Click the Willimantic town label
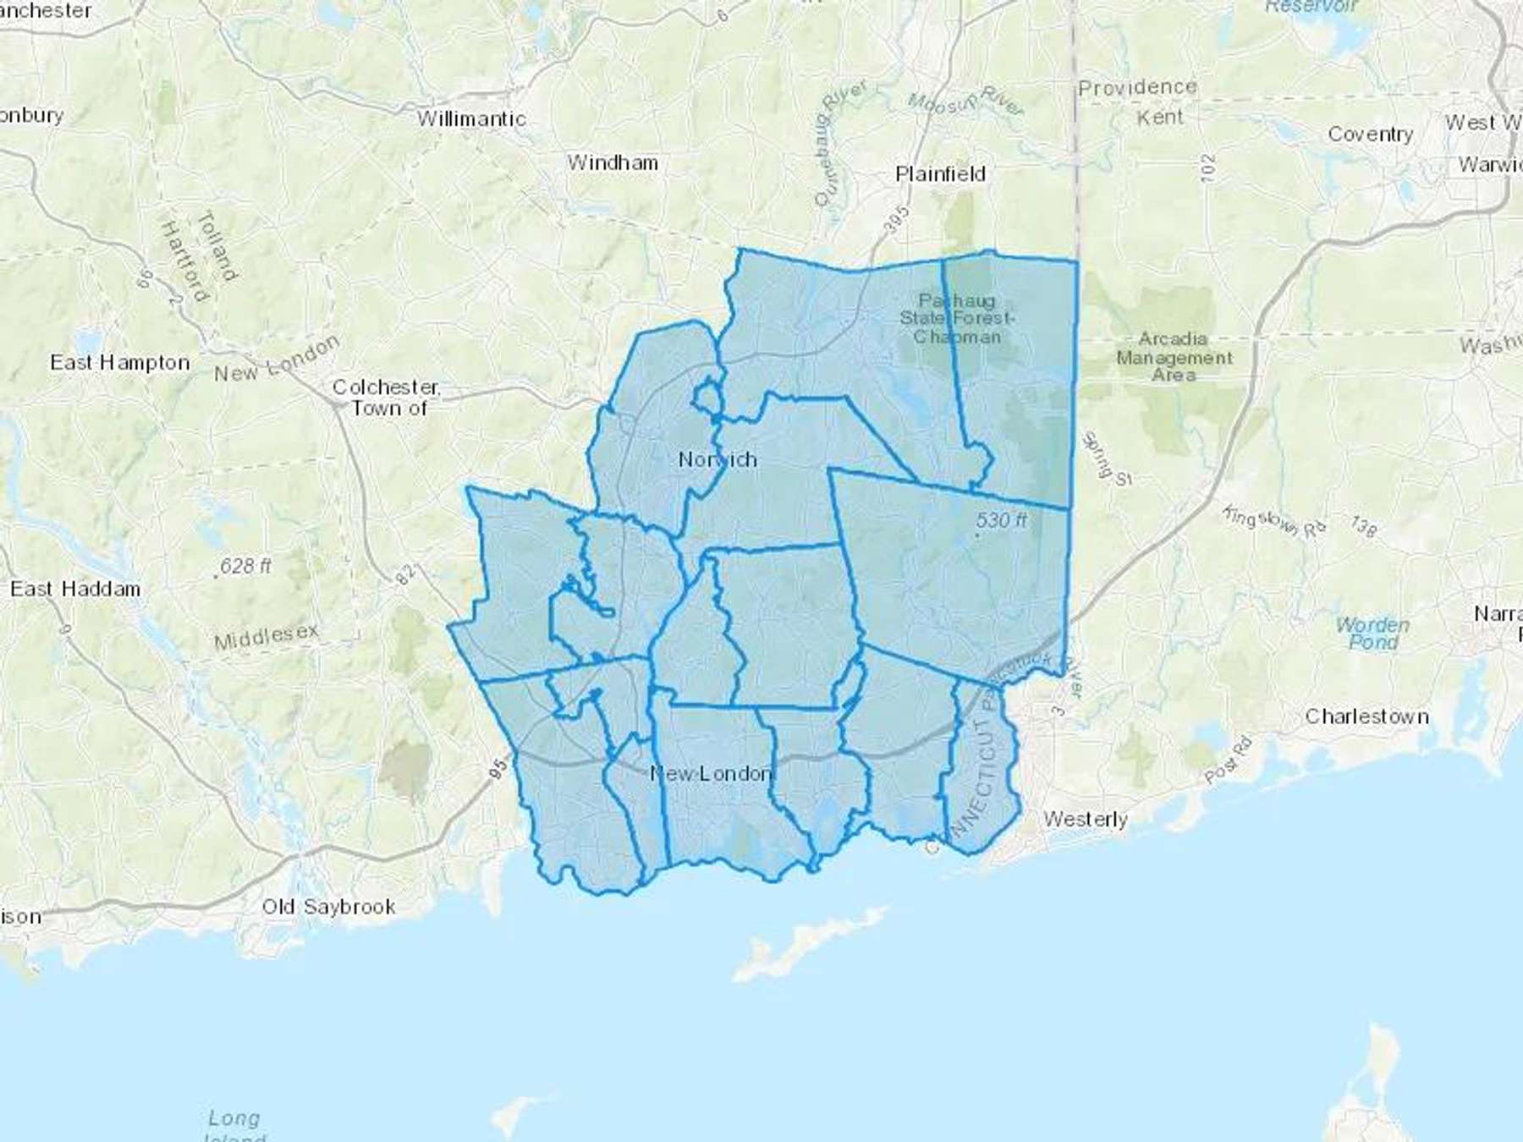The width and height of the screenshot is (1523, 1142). click(x=471, y=119)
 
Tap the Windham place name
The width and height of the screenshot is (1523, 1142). click(x=613, y=162)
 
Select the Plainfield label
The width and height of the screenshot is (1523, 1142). click(x=940, y=174)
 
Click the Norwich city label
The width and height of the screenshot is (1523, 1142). click(x=718, y=459)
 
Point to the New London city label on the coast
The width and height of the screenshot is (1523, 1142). click(x=711, y=773)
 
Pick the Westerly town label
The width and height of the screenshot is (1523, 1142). click(x=1085, y=819)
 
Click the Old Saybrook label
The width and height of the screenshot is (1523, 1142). click(x=328, y=907)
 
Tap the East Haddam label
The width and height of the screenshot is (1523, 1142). click(x=75, y=589)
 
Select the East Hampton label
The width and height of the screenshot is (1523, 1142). click(x=119, y=363)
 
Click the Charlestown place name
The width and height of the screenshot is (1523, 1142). click(x=1366, y=716)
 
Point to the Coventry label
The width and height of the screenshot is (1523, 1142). click(x=1370, y=134)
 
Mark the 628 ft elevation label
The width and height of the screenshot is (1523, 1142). click(x=245, y=566)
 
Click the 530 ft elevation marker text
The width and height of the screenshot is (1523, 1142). click(x=1001, y=520)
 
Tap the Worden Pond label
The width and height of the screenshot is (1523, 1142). click(x=1372, y=634)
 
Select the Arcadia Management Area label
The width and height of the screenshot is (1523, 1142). click(x=1174, y=356)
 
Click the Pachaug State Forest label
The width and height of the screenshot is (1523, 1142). click(x=957, y=318)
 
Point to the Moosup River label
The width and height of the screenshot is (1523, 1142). click(x=965, y=102)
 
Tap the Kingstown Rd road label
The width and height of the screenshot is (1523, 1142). click(x=1274, y=522)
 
